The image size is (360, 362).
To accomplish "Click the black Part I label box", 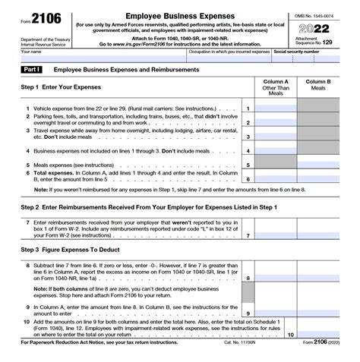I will [x=33, y=70].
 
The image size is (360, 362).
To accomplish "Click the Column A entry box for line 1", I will [x=276, y=109].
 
